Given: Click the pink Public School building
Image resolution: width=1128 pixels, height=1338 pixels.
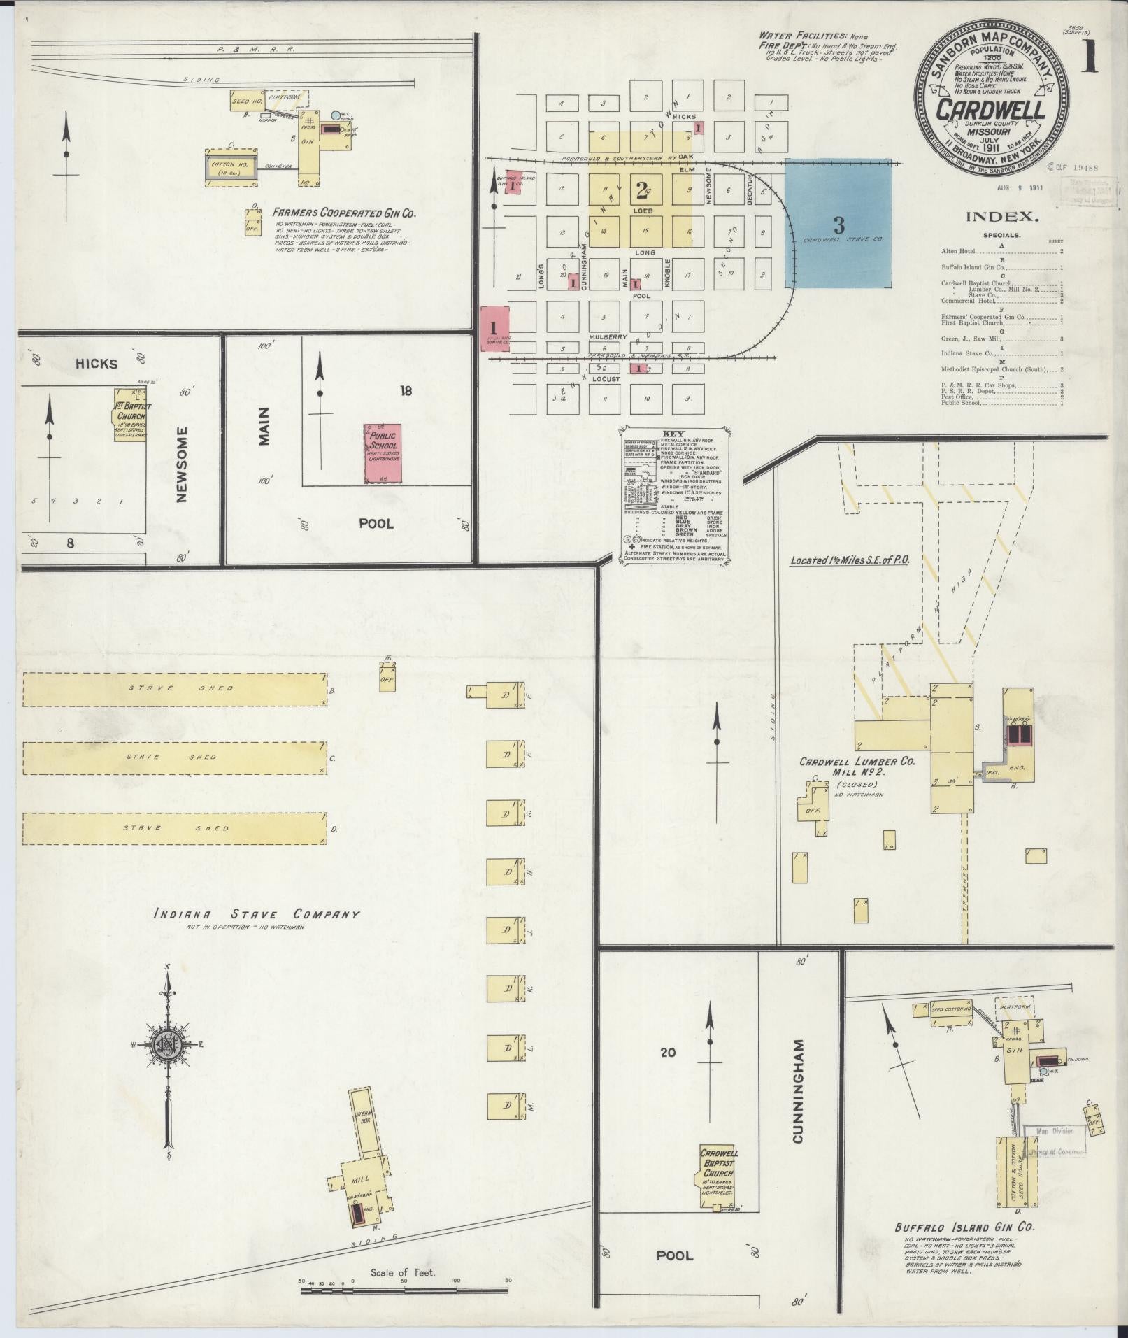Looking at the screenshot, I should [382, 453].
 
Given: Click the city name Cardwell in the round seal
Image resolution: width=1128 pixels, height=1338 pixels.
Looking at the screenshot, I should [991, 110].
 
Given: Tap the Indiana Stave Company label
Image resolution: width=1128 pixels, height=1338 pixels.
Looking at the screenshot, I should [258, 914].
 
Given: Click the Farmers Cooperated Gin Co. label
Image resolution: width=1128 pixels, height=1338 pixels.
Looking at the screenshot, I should [344, 212].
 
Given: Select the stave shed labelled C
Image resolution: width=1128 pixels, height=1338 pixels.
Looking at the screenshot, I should [175, 757].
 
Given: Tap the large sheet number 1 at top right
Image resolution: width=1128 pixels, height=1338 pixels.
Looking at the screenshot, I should [1088, 58].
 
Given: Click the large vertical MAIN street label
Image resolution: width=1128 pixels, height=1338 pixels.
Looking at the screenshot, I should [263, 427].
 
